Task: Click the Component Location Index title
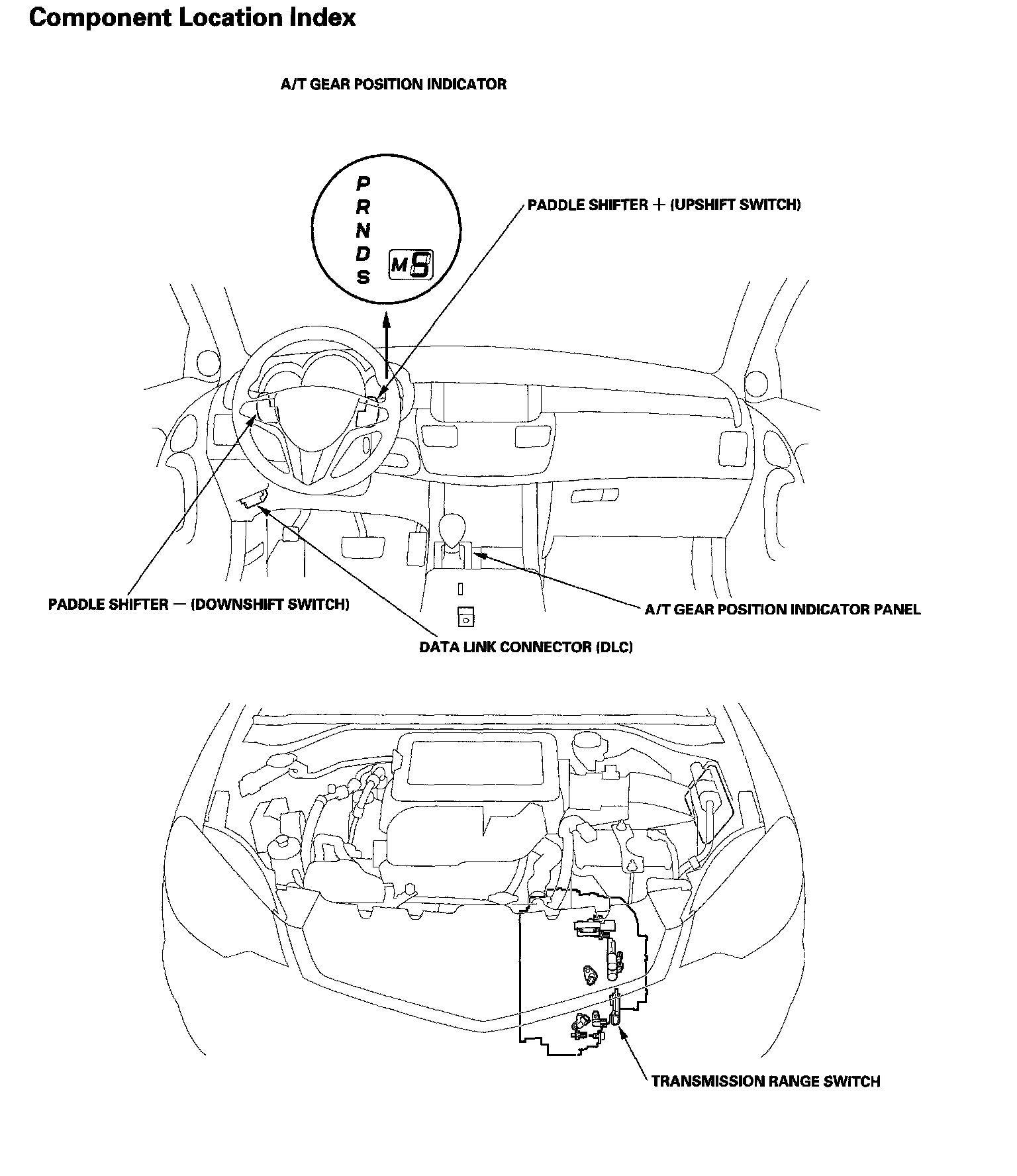(x=192, y=18)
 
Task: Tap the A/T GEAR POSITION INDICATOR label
(x=393, y=85)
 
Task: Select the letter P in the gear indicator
(x=363, y=183)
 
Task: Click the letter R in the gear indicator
(x=363, y=207)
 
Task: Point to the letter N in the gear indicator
(x=363, y=230)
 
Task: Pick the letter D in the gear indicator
(x=363, y=254)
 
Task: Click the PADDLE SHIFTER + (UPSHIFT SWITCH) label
(x=664, y=205)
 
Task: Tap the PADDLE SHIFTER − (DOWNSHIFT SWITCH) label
(x=199, y=605)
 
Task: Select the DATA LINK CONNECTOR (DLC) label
(x=526, y=647)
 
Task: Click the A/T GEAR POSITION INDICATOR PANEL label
(x=783, y=609)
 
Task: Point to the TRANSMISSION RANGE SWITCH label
(x=765, y=1082)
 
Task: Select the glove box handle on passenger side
(x=595, y=495)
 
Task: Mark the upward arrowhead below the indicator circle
(x=387, y=322)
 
